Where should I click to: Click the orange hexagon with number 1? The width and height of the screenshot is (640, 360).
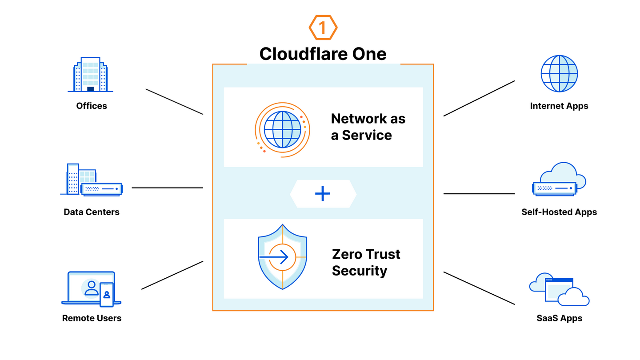pos(323,28)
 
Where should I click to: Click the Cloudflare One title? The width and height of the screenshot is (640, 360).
pos(323,54)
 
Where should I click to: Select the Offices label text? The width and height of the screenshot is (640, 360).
pos(92,106)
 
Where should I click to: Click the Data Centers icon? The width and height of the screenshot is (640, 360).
pos(91,180)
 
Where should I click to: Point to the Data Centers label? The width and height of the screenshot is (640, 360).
pos(92,212)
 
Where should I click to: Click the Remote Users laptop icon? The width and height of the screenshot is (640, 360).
pos(91,289)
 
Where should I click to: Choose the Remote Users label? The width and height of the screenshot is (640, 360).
pos(92,318)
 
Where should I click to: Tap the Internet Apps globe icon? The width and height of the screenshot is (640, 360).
pos(559,74)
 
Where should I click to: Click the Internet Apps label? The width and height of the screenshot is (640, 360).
pos(559,106)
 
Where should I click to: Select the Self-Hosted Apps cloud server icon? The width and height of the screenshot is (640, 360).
pos(559,180)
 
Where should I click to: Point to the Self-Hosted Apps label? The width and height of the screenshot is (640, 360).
pos(559,212)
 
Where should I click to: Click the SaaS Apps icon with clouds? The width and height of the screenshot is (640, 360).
pos(559,292)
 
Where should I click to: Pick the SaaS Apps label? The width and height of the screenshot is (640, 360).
pos(559,318)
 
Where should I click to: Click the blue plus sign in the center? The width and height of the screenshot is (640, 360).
pos(323,194)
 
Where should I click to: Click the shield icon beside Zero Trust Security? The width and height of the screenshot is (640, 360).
pos(282,257)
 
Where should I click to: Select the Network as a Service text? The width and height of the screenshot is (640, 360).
pos(368,127)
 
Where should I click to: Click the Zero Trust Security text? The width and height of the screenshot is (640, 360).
pos(366,262)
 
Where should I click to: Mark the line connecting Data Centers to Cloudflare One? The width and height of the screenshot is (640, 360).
pos(167,188)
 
